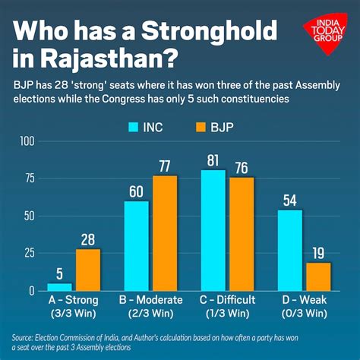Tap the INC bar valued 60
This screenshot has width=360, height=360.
point(136,245)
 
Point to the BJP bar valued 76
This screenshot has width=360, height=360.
point(242,234)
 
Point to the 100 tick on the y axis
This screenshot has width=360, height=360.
point(28,141)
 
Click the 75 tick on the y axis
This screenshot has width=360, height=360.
point(30,178)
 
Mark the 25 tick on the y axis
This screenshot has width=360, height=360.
point(30,253)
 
